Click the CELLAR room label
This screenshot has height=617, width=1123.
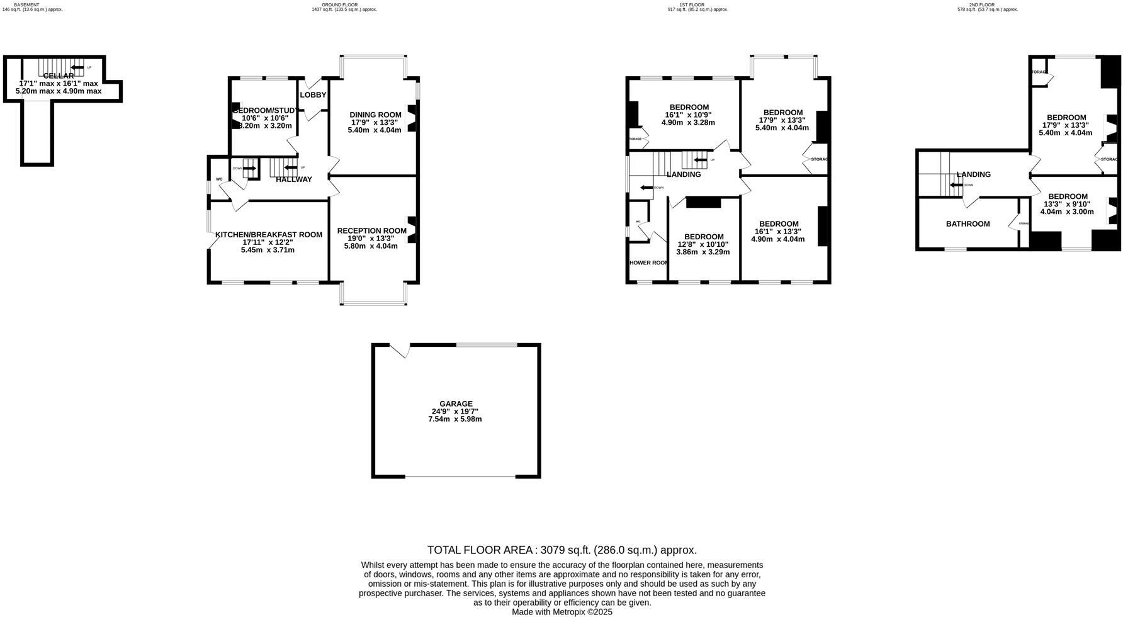tap(59, 76)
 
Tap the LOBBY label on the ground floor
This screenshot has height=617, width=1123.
tap(313, 95)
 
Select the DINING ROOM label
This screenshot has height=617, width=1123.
tap(375, 115)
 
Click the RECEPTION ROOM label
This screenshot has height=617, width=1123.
tap(371, 230)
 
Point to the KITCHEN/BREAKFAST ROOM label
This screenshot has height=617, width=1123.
tap(268, 235)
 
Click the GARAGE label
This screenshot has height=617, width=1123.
tap(456, 404)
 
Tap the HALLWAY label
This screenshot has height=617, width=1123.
tap(294, 179)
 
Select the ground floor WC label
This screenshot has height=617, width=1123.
tap(219, 179)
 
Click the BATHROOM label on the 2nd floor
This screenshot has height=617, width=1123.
tap(968, 224)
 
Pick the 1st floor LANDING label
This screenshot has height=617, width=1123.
tap(683, 175)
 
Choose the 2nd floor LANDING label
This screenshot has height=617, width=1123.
tap(973, 175)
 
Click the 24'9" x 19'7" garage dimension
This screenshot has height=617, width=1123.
tap(455, 412)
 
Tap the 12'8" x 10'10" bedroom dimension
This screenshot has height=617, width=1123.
tap(703, 244)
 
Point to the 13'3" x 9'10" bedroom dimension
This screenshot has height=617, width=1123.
tap(1067, 204)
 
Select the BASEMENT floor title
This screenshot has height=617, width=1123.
tap(26, 4)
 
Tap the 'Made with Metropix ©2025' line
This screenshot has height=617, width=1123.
tap(561, 612)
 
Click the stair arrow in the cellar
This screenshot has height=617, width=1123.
tap(77, 67)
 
